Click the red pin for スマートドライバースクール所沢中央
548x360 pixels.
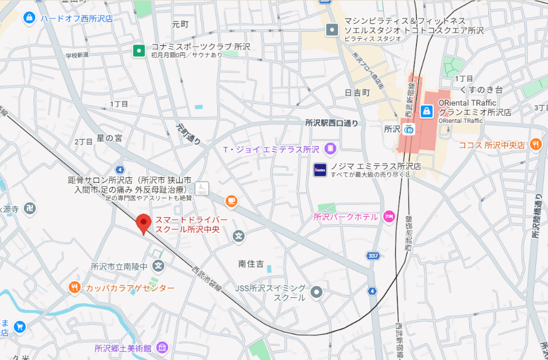143,224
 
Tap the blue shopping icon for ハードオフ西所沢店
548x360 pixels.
28,19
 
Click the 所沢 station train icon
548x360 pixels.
409,128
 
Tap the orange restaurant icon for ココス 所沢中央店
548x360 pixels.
535,144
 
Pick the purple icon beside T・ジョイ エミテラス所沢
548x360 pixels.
330,149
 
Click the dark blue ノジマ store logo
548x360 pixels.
320,170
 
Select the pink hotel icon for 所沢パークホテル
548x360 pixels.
389,216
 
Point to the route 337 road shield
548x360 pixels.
373,256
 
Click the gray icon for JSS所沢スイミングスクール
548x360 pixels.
316,292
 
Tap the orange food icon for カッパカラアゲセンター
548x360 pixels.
75,288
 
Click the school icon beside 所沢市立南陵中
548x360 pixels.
158,266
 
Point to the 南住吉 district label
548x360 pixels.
251,263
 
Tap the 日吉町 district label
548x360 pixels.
358,93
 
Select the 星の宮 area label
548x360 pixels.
109,138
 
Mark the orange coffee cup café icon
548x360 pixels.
231,201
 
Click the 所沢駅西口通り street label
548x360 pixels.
332,124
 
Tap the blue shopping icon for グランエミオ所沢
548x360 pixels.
427,111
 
